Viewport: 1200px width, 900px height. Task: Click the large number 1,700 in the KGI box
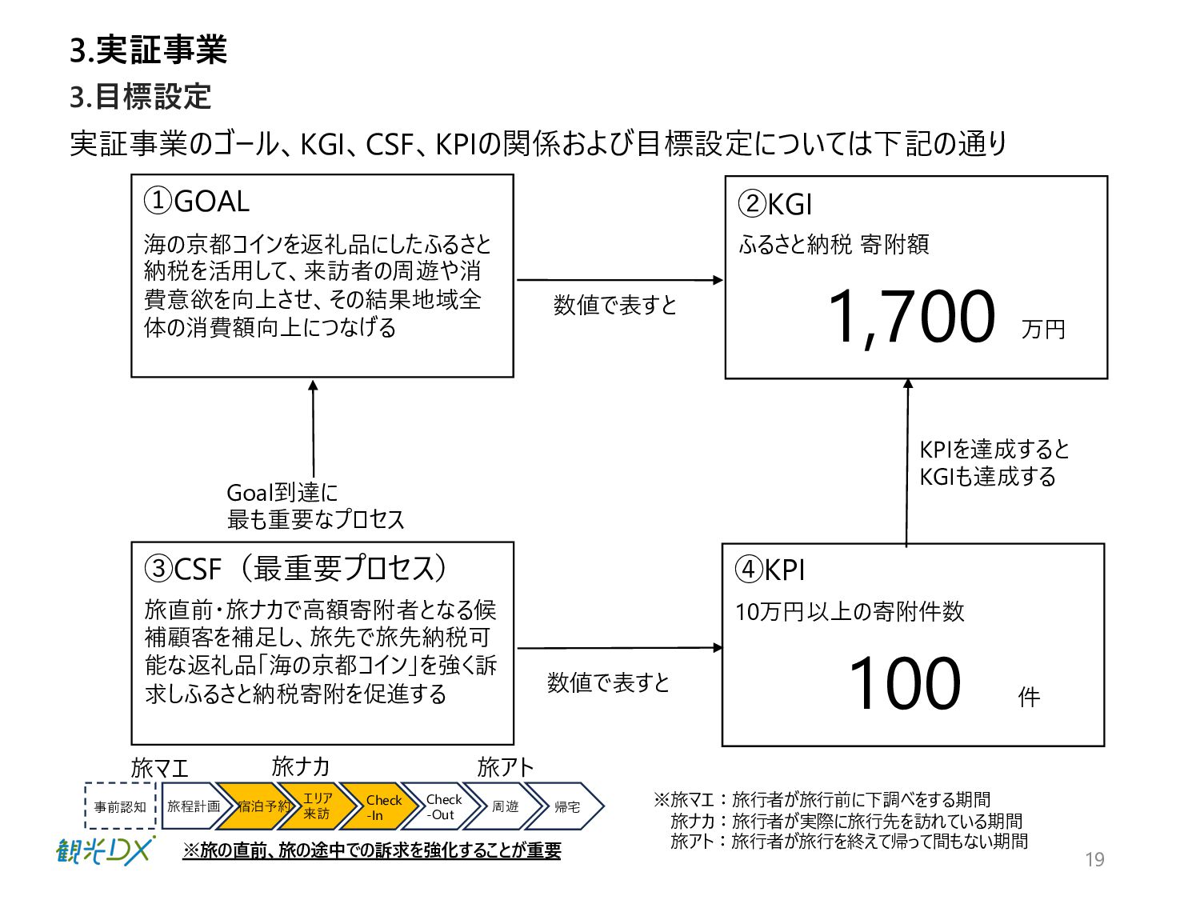pyautogui.click(x=912, y=317)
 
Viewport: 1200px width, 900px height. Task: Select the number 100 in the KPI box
pyautogui.click(x=905, y=683)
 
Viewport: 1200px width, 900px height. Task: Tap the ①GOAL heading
pyautogui.click(x=197, y=201)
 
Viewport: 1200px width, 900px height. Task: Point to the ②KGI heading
pyautogui.click(x=775, y=204)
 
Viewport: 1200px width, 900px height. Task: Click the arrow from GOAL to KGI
pyautogui.click(x=619, y=280)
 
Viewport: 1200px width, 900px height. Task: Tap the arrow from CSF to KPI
pyautogui.click(x=619, y=648)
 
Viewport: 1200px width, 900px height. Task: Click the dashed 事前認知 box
pyautogui.click(x=120, y=806)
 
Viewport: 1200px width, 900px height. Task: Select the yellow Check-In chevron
pyautogui.click(x=382, y=806)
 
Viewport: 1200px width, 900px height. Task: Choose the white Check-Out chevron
pyautogui.click(x=442, y=806)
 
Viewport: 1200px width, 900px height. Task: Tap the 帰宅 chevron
pyautogui.click(x=566, y=806)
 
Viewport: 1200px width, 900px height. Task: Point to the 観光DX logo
pyautogui.click(x=104, y=850)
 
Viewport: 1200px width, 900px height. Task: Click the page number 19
pyautogui.click(x=1094, y=860)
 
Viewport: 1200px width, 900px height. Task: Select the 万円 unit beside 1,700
pyautogui.click(x=1043, y=329)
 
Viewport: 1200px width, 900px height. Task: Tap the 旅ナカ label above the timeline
pyautogui.click(x=301, y=766)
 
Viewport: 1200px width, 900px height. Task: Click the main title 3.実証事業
pyautogui.click(x=149, y=50)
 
